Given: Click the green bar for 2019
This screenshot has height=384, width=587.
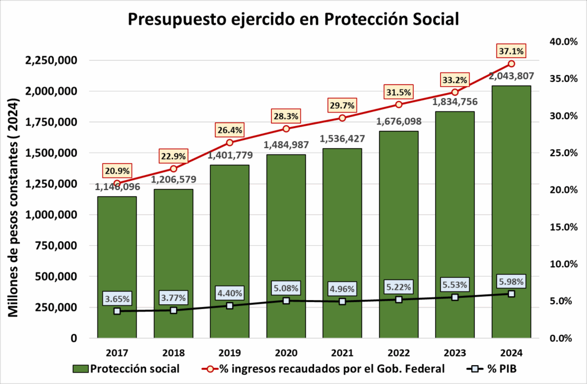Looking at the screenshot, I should [x=229, y=253].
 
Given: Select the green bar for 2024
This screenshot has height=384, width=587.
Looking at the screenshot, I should [x=511, y=212].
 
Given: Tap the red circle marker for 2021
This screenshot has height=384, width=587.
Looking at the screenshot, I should [x=342, y=118].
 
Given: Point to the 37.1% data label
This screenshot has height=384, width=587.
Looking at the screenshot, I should [x=511, y=51].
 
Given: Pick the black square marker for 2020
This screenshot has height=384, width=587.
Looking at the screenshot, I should [x=286, y=300].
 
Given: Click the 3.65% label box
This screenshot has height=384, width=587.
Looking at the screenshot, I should [x=117, y=298].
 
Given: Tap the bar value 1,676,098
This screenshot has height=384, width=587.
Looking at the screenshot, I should [x=398, y=121].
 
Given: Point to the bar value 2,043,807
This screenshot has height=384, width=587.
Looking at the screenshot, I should [x=510, y=75].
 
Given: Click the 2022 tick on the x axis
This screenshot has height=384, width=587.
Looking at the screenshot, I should [x=398, y=352].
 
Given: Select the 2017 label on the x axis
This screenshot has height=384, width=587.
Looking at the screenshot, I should [x=117, y=352].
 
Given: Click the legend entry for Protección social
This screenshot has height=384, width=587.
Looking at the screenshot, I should [x=127, y=368].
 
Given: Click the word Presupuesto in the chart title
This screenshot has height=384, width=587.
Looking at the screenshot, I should [x=174, y=19].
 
